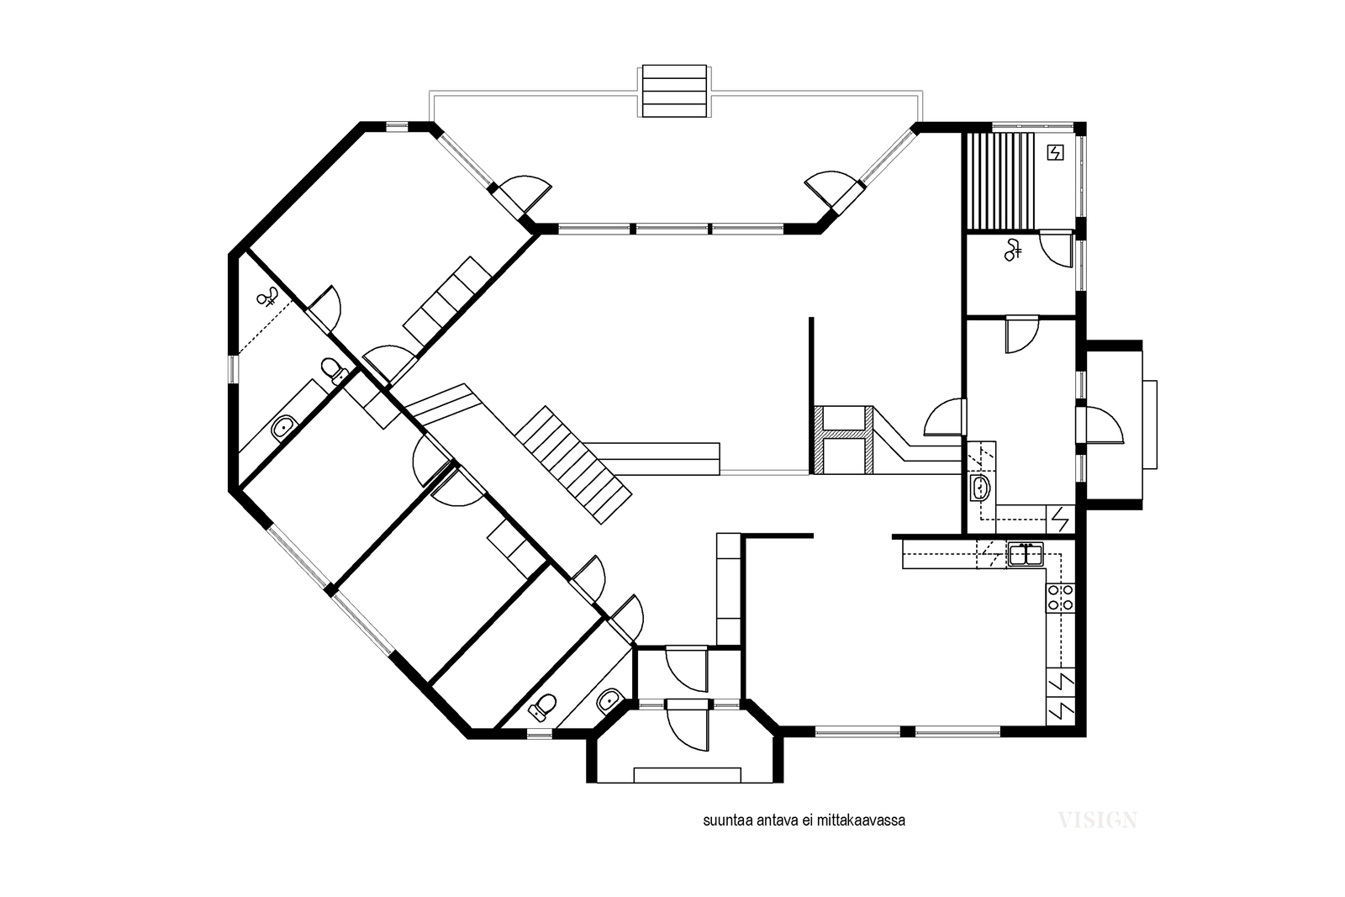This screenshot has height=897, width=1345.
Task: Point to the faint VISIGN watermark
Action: [x=1098, y=820]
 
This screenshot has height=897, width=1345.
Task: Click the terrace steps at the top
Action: [x=673, y=92]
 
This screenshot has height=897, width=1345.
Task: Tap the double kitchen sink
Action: [x=1026, y=553]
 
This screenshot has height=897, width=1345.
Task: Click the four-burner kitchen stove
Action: [x=1060, y=598]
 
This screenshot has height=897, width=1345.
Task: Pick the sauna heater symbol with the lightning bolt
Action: [x=1055, y=153]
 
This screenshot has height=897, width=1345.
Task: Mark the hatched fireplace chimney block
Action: [x=844, y=441]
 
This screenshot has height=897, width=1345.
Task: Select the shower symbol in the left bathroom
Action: [x=268, y=297]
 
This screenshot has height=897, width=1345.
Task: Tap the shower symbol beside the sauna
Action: [x=1013, y=250]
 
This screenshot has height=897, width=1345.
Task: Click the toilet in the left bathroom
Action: [x=335, y=371]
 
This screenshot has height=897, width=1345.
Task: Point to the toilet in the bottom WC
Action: [x=543, y=707]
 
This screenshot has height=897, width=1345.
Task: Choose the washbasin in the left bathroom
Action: [x=283, y=428]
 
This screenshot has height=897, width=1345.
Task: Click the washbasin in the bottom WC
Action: [x=609, y=700]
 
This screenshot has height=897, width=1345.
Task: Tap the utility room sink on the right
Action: [x=980, y=488]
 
